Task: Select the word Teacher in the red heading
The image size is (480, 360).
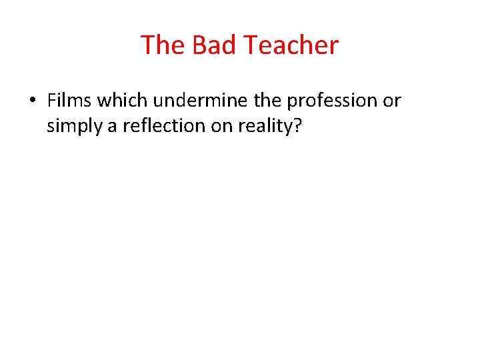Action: tap(291, 45)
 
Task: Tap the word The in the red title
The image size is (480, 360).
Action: tap(163, 45)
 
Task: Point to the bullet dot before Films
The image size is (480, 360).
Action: tap(31, 101)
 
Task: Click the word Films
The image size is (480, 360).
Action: tap(71, 101)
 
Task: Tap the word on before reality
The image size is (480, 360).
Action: tap(220, 126)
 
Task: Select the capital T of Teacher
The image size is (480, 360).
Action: tap(251, 45)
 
